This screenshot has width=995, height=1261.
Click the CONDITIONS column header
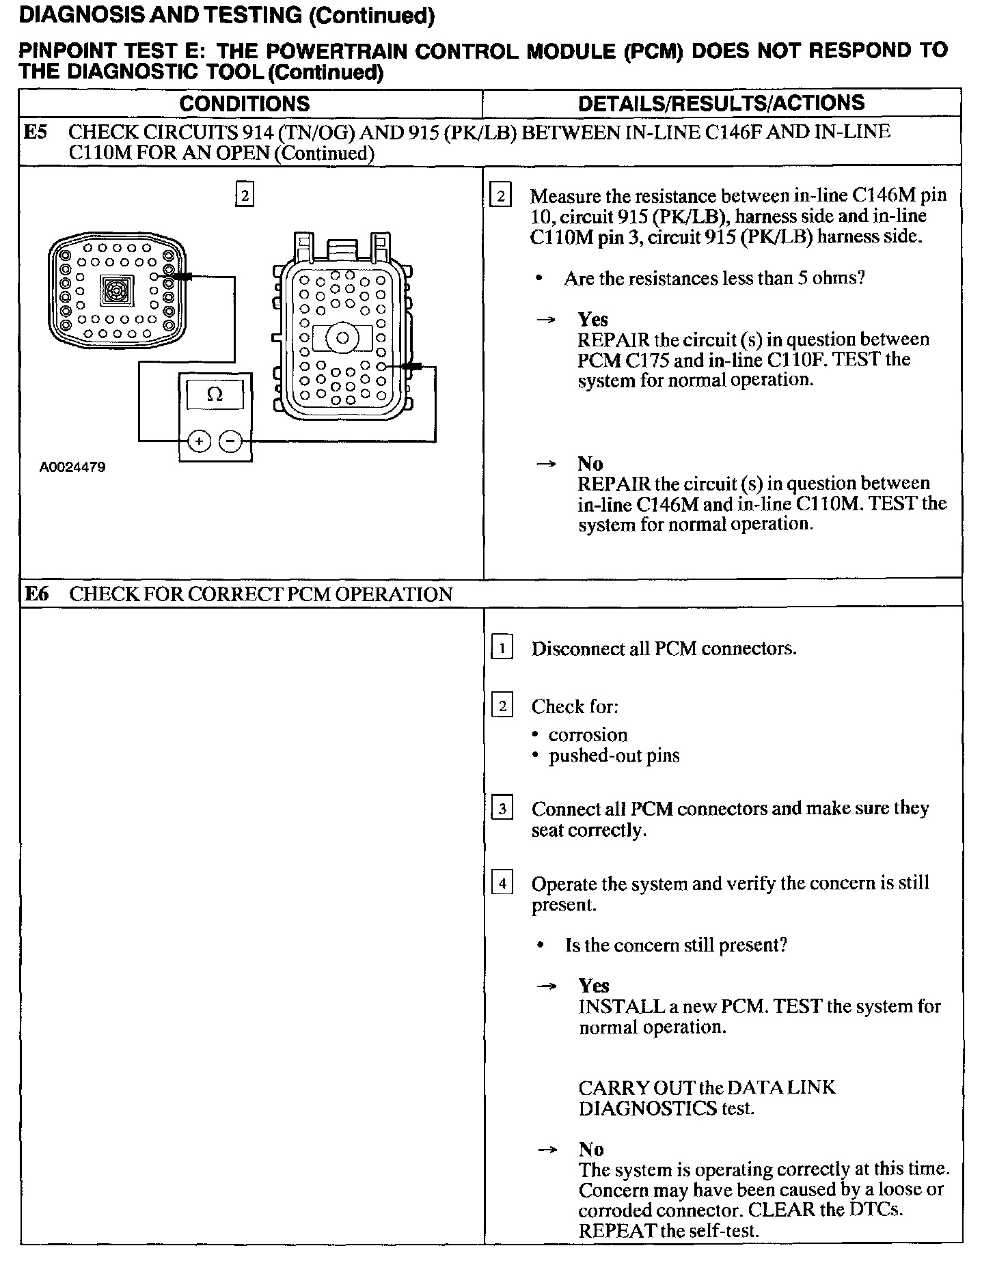point(244,103)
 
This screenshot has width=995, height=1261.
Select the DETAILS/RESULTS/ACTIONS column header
point(721,103)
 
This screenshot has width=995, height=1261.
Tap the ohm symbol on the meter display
point(215,394)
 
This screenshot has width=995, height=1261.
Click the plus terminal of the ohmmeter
point(199,441)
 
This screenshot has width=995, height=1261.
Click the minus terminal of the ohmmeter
point(230,441)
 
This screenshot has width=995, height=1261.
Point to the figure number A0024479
point(72,467)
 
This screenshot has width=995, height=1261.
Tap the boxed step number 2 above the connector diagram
point(244,195)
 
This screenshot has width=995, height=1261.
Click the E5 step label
point(36,132)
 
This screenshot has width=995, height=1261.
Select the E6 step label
point(36,594)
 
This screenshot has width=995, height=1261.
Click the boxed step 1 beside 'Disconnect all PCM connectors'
point(502,648)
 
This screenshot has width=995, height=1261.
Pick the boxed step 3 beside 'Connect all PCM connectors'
point(502,809)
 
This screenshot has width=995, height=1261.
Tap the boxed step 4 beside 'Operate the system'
point(502,883)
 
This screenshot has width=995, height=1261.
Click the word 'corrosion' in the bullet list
point(588,735)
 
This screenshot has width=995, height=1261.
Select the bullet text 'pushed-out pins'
point(614,756)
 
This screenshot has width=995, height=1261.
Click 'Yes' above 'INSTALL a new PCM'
point(593,985)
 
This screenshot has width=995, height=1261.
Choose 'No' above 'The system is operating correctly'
point(590,1149)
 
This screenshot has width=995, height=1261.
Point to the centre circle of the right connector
point(343,337)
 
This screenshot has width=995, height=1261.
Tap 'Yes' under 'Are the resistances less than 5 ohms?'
point(592,319)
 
